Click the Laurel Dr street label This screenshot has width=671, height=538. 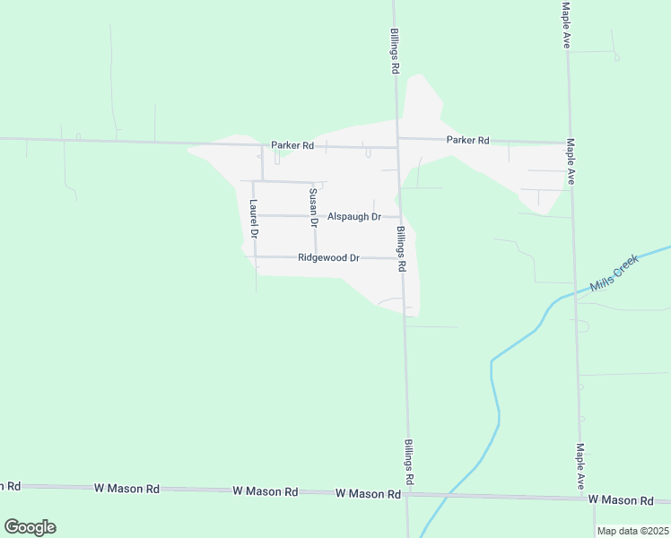(x=254, y=216)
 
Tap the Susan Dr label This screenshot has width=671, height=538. (x=313, y=206)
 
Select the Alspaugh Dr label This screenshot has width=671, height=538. (x=354, y=216)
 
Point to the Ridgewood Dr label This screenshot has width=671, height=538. (x=328, y=257)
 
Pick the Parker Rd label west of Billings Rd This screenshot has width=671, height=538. (x=293, y=145)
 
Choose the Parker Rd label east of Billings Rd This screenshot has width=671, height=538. (x=468, y=140)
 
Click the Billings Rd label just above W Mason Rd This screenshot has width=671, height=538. (x=408, y=463)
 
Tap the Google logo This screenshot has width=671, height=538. (x=30, y=527)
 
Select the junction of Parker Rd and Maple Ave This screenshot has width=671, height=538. (x=569, y=142)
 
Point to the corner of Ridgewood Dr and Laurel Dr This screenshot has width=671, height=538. (x=256, y=256)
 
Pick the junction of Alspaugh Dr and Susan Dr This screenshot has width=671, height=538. (x=314, y=216)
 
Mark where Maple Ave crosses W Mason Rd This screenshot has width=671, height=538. (x=579, y=497)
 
